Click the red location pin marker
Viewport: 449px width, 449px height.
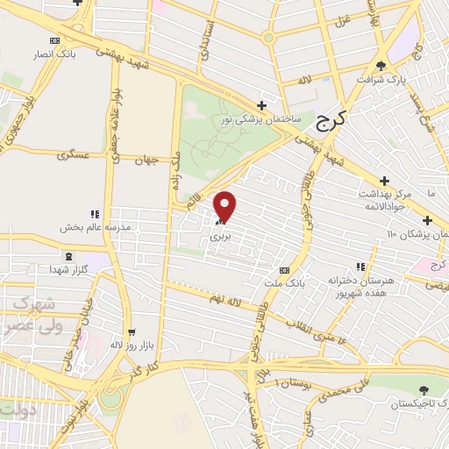(225, 206)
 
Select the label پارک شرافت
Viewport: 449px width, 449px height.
(382, 78)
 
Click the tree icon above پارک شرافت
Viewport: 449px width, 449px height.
(380, 65)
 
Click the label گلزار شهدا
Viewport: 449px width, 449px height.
(66, 267)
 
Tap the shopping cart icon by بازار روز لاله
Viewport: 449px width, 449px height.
(132, 332)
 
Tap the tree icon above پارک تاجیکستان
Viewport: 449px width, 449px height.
(424, 388)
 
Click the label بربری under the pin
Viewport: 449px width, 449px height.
(224, 236)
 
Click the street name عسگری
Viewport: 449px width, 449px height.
(73, 155)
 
